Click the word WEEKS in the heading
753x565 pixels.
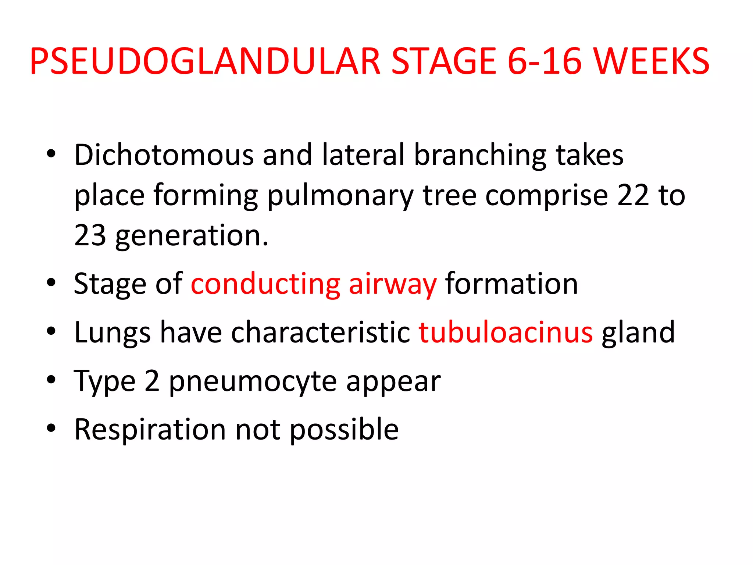pyautogui.click(x=651, y=61)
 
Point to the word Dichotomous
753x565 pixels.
pyautogui.click(x=164, y=155)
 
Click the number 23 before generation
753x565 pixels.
pyautogui.click(x=90, y=235)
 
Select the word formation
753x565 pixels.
pyautogui.click(x=511, y=284)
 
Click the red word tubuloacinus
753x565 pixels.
pyautogui.click(x=506, y=332)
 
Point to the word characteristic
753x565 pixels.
pyautogui.click(x=320, y=332)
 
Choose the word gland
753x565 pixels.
pyautogui.click(x=638, y=332)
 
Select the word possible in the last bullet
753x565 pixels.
pyautogui.click(x=344, y=430)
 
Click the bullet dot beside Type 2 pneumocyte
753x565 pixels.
pyautogui.click(x=51, y=380)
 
